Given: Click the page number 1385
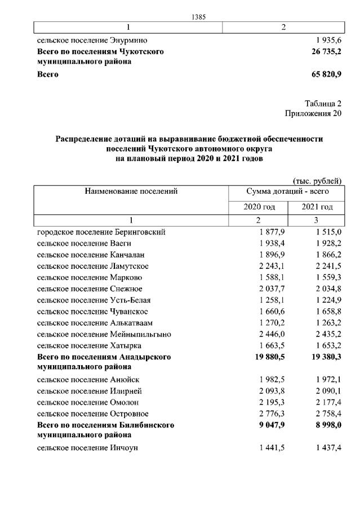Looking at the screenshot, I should pyautogui.click(x=198, y=17).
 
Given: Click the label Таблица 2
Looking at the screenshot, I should pyautogui.click(x=323, y=103).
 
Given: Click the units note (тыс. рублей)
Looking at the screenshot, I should pyautogui.click(x=318, y=181).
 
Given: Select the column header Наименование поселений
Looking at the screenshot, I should pyautogui.click(x=131, y=192).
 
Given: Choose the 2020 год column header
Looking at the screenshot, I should pyautogui.click(x=259, y=207).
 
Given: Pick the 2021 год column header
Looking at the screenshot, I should pyautogui.click(x=317, y=207).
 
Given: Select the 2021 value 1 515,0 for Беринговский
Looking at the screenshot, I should pyautogui.click(x=329, y=232).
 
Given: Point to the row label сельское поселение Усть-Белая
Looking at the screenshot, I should pyautogui.click(x=94, y=300).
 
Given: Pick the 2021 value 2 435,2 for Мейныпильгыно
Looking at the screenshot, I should pyautogui.click(x=329, y=334).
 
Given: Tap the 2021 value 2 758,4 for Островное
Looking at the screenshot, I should pyautogui.click(x=329, y=413).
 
